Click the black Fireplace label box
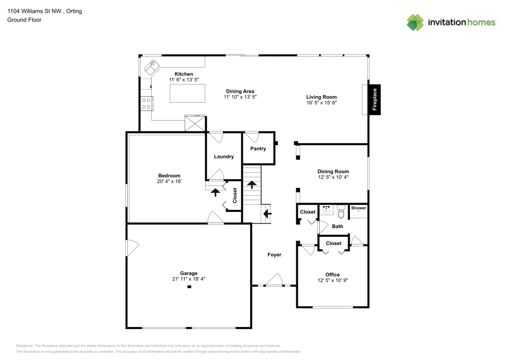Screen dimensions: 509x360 tap(374, 99)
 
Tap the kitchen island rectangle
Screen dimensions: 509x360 tap(188, 94)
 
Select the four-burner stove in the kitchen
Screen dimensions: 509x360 tap(147, 103)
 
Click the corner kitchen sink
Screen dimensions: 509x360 tap(152, 67)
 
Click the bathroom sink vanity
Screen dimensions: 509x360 tap(326, 210)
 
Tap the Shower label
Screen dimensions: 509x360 tap(358, 208)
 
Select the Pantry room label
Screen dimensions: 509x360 tap(258, 148)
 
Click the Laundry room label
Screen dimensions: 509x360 tap(223, 156)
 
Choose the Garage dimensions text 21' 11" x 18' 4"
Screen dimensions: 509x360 tap(189, 279)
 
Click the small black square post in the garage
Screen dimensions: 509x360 tap(189, 287)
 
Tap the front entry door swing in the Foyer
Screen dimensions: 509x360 tap(275, 280)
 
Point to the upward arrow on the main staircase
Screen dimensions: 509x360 tap(252, 185)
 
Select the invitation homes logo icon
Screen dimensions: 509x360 tap(415, 22)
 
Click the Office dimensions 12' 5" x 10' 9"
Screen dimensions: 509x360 tap(332, 280)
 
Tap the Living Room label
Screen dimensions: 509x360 tap(321, 97)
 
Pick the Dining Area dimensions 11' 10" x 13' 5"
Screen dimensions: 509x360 tap(240, 97)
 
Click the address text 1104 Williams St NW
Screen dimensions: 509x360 tap(35, 11)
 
